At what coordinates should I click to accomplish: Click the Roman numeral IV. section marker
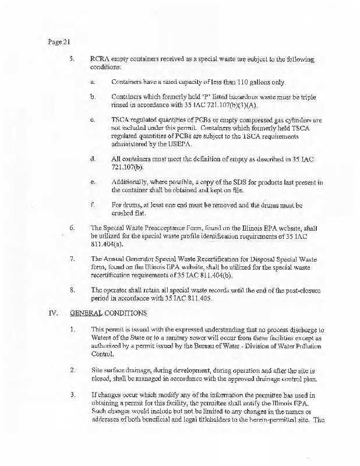[52, 312]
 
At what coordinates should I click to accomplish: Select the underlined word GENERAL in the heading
[87, 312]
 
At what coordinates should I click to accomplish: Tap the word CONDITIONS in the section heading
[132, 312]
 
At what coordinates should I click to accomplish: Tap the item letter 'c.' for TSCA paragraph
[93, 119]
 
